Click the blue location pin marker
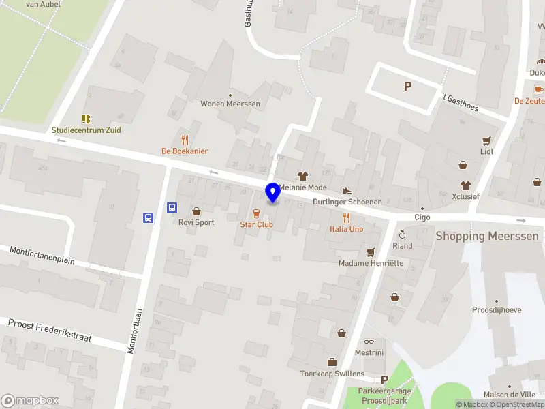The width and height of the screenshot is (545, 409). point(273,193)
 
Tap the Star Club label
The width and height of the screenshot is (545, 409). point(256,224)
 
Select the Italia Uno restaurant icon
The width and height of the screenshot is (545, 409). point(347,217)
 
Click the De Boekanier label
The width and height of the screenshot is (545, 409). point(185,151)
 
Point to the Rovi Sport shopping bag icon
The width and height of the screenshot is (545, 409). point(196,211)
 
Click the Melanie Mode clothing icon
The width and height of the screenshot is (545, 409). point(303,176)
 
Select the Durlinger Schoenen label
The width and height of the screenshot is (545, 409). point(347,202)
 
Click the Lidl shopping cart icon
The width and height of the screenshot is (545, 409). point(486,141)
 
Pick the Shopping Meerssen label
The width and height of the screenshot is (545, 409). point(487,237)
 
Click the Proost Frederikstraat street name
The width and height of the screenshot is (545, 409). point(49,331)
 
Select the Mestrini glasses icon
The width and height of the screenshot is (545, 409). point(369,342)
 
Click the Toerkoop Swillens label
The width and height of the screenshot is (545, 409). point(332,374)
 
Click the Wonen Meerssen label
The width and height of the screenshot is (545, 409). point(230,104)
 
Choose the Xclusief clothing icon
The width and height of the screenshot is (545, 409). point(466,185)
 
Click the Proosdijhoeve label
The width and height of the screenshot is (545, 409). point(497,310)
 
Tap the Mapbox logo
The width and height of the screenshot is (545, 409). point(30,401)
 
